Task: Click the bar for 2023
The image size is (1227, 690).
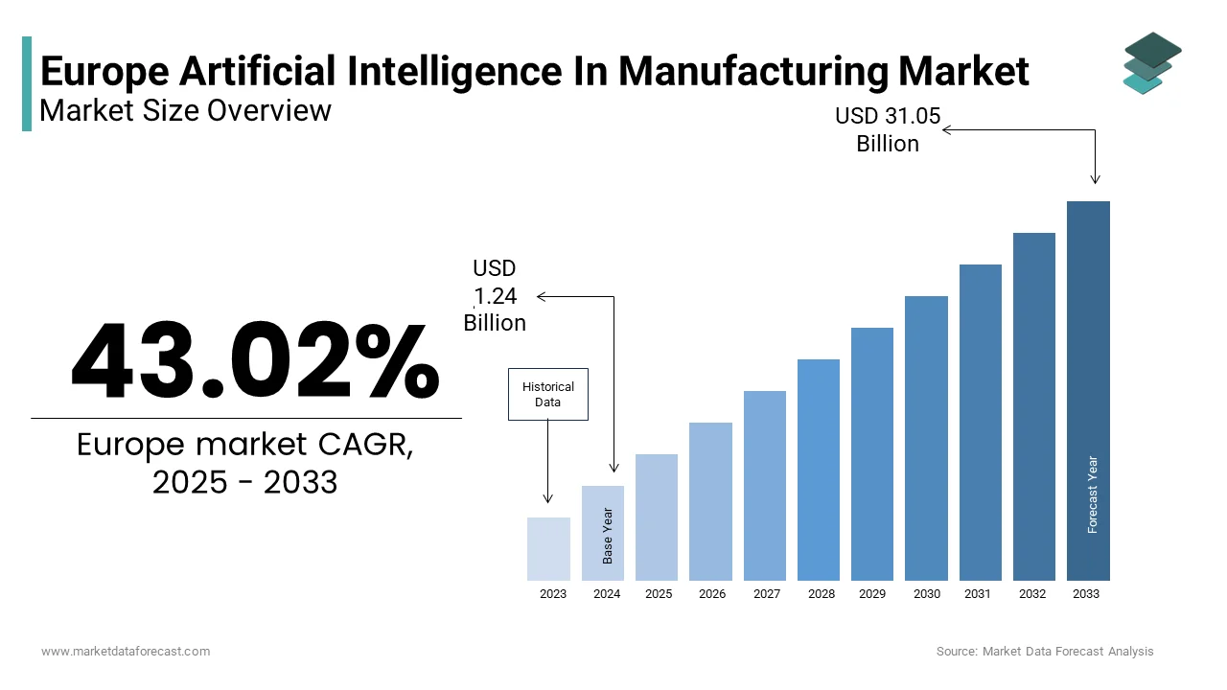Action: tap(548, 548)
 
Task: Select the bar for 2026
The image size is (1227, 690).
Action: tap(710, 501)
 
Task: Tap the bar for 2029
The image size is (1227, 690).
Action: tap(872, 453)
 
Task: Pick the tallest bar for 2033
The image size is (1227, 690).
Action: tap(1088, 390)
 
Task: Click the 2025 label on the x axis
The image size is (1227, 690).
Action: tap(659, 594)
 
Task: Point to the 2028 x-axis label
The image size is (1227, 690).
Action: tap(821, 594)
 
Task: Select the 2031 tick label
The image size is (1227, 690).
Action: tap(978, 594)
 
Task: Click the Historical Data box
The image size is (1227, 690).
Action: tap(547, 394)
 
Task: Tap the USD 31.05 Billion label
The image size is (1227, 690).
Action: tap(888, 129)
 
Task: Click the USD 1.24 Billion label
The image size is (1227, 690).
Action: tap(495, 295)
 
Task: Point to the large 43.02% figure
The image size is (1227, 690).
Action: tap(254, 361)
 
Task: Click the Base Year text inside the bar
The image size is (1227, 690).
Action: tap(608, 535)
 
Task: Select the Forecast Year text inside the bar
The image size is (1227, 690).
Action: tap(1092, 494)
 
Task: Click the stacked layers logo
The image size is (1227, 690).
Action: tap(1151, 62)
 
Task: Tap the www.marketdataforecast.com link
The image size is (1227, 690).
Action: tap(126, 652)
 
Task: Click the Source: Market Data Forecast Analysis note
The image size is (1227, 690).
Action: tap(1045, 652)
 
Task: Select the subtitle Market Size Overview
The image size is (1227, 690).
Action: tap(185, 111)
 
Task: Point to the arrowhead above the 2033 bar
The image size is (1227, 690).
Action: tap(1095, 179)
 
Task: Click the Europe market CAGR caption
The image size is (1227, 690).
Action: tap(245, 463)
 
